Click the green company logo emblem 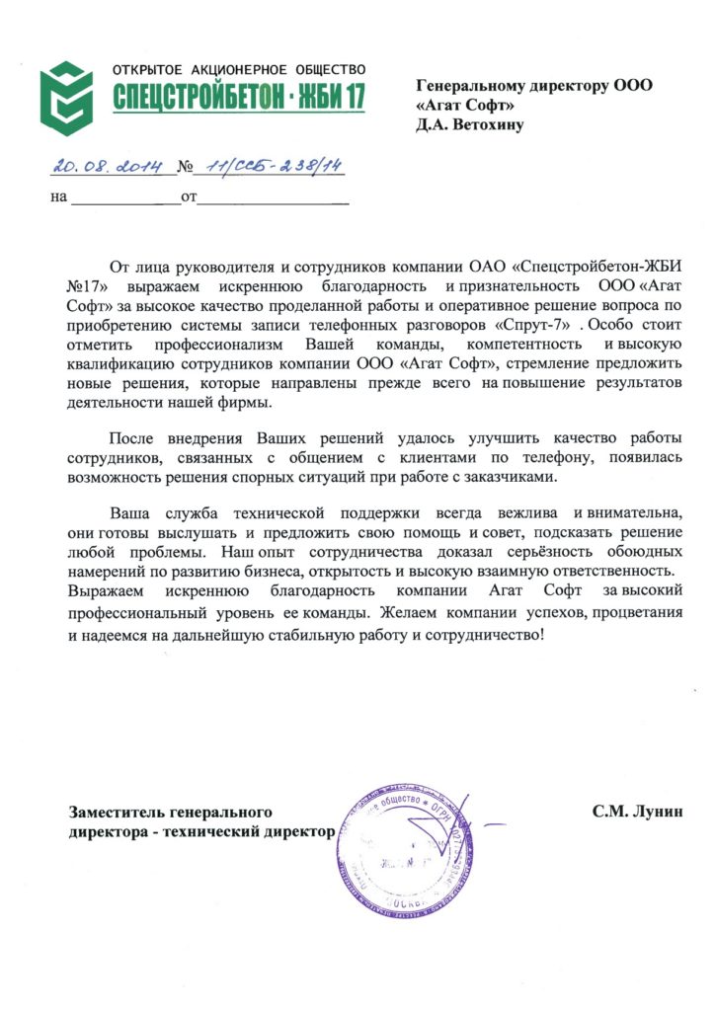pos(66,98)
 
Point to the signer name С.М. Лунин pos(638,813)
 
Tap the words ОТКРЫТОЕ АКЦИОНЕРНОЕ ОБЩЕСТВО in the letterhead pos(239,71)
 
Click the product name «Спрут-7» pos(539,322)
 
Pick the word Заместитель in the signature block pos(113,813)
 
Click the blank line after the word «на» pos(123,198)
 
